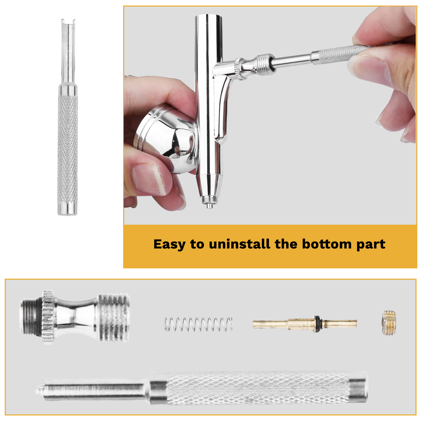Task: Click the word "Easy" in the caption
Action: pyautogui.click(x=169, y=244)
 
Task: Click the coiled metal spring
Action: pyautogui.click(x=199, y=324)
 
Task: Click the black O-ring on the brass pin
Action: pyautogui.click(x=318, y=324)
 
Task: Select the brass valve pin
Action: pyautogui.click(x=305, y=324)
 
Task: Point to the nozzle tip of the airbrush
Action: pyautogui.click(x=209, y=206)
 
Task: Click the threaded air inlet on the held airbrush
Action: pyautogui.click(x=265, y=65)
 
